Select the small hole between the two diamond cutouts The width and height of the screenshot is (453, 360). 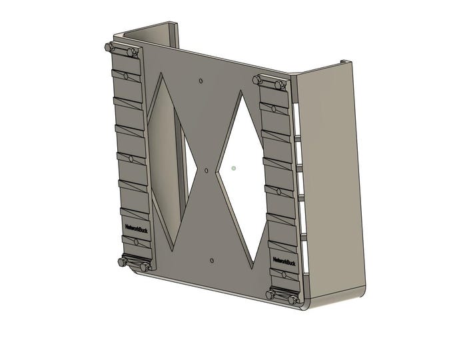(x=207, y=169)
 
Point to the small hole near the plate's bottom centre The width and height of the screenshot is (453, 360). (x=211, y=259)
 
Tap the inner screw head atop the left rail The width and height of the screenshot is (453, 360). (x=131, y=51)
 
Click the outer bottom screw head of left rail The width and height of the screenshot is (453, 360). (x=122, y=262)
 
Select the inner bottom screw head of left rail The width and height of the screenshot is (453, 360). (x=145, y=267)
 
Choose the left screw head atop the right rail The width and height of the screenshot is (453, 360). (x=257, y=79)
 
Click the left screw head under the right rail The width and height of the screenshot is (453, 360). (x=270, y=294)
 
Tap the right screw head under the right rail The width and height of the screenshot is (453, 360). (x=292, y=299)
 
